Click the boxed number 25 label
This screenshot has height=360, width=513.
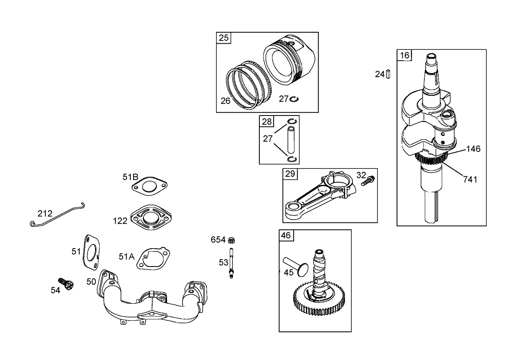pos(223,38)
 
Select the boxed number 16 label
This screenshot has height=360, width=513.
pos(404,55)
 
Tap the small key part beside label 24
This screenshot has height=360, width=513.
pos(389,74)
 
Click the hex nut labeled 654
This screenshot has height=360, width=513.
pos(231,240)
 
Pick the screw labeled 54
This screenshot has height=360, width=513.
pos(66,284)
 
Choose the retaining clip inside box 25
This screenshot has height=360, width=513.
pos(294,99)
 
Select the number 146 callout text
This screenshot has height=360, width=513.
pos(473,149)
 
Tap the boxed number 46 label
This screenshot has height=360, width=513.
pos(286,235)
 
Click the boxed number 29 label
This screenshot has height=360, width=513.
pos(290,174)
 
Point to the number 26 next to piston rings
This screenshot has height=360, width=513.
pos(225,101)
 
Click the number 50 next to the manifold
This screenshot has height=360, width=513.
pos(91,282)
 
